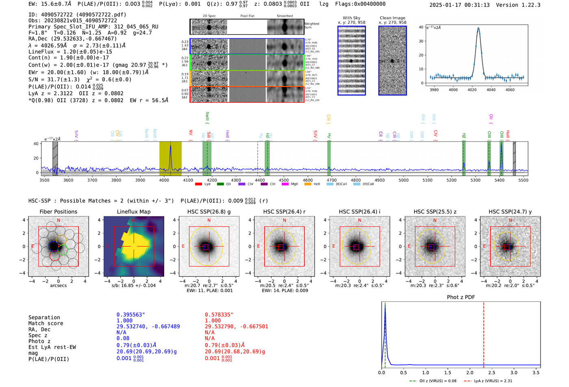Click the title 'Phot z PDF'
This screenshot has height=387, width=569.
[461, 297]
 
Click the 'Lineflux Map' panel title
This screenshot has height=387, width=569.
[133, 212]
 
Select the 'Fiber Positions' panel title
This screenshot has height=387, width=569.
[58, 212]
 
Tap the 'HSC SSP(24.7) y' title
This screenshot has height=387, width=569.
[510, 212]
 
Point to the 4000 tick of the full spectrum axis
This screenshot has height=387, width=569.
[164, 180]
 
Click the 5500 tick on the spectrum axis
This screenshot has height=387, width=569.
[523, 180]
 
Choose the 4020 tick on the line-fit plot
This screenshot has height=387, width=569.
[472, 90]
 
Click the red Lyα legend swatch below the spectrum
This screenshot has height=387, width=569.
[198, 184]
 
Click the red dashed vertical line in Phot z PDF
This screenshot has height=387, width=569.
[484, 333]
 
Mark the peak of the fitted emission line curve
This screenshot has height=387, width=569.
[478, 28]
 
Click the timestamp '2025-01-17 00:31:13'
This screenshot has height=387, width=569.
[459, 5]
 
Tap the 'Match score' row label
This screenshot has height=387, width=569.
[46, 323]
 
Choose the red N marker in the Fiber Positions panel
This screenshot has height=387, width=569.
[59, 220]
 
